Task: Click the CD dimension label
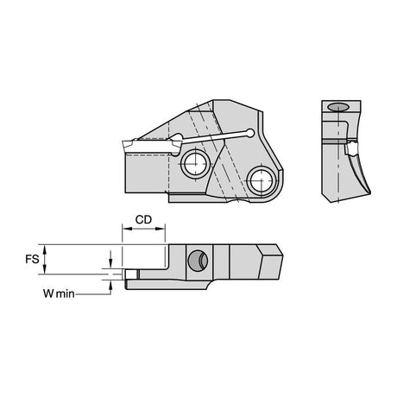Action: pyautogui.click(x=143, y=220)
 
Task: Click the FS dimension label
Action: pyautogui.click(x=32, y=259)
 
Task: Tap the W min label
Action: pyautogui.click(x=59, y=293)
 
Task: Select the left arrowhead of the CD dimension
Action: pyautogui.click(x=127, y=229)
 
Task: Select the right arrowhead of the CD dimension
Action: pyautogui.click(x=161, y=229)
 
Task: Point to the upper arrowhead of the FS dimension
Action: pyautogui.click(x=44, y=249)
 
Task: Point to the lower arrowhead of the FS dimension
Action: pyautogui.click(x=44, y=269)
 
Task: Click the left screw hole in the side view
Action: pyautogui.click(x=195, y=164)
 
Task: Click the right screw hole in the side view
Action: pyautogui.click(x=262, y=181)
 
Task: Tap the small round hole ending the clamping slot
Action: pyautogui.click(x=250, y=133)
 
